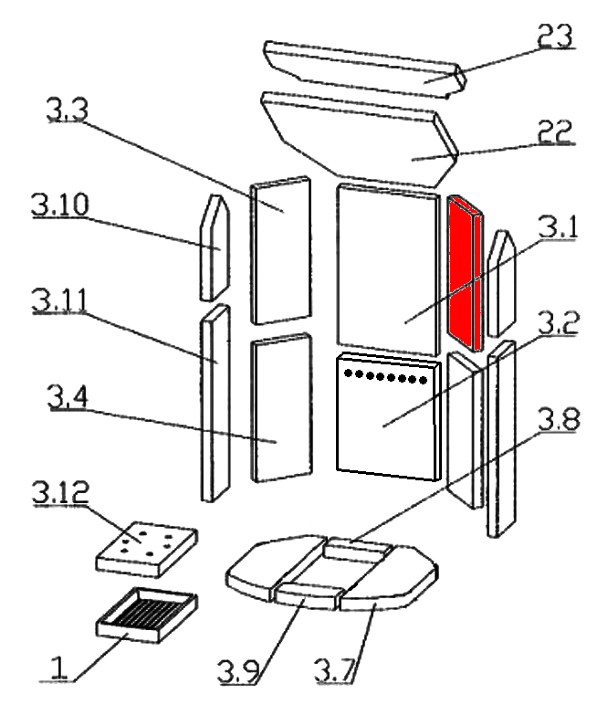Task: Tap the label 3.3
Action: coord(68,112)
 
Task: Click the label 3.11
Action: coord(61,298)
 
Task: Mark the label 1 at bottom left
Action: coord(60,673)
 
